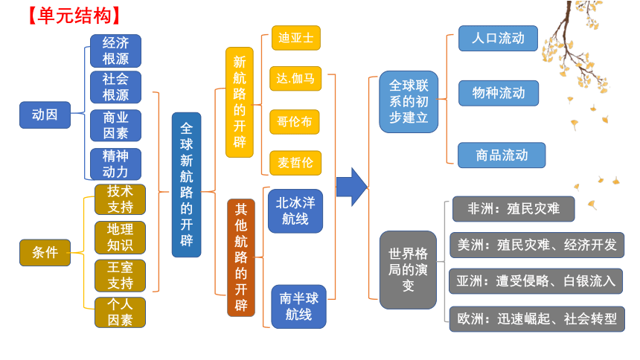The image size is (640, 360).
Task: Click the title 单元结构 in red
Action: click(74, 16)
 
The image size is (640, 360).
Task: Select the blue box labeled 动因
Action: click(45, 115)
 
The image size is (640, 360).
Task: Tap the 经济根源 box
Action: click(115, 51)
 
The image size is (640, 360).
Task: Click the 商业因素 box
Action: click(115, 125)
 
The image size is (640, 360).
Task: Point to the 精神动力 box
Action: click(115, 164)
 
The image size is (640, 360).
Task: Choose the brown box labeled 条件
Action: click(45, 253)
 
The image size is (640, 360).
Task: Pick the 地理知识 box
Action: click(120, 237)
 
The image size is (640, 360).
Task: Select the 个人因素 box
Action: click(120, 312)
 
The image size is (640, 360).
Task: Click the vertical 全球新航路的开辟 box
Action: click(187, 184)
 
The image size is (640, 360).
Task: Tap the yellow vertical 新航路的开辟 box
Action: click(240, 102)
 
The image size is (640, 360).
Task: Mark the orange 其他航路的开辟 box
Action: click(241, 257)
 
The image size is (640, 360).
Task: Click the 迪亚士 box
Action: click(296, 38)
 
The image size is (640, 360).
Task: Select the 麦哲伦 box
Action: click(295, 163)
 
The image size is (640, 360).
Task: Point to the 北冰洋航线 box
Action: click(295, 211)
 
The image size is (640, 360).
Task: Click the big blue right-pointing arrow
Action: click(352, 187)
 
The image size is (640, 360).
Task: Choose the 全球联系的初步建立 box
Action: click(409, 102)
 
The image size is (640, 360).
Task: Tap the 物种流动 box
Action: click(499, 93)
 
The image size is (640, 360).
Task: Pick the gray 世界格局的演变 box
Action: click(408, 270)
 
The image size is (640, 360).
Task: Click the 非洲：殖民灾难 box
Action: click(513, 209)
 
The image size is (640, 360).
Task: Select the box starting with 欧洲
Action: click(537, 319)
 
